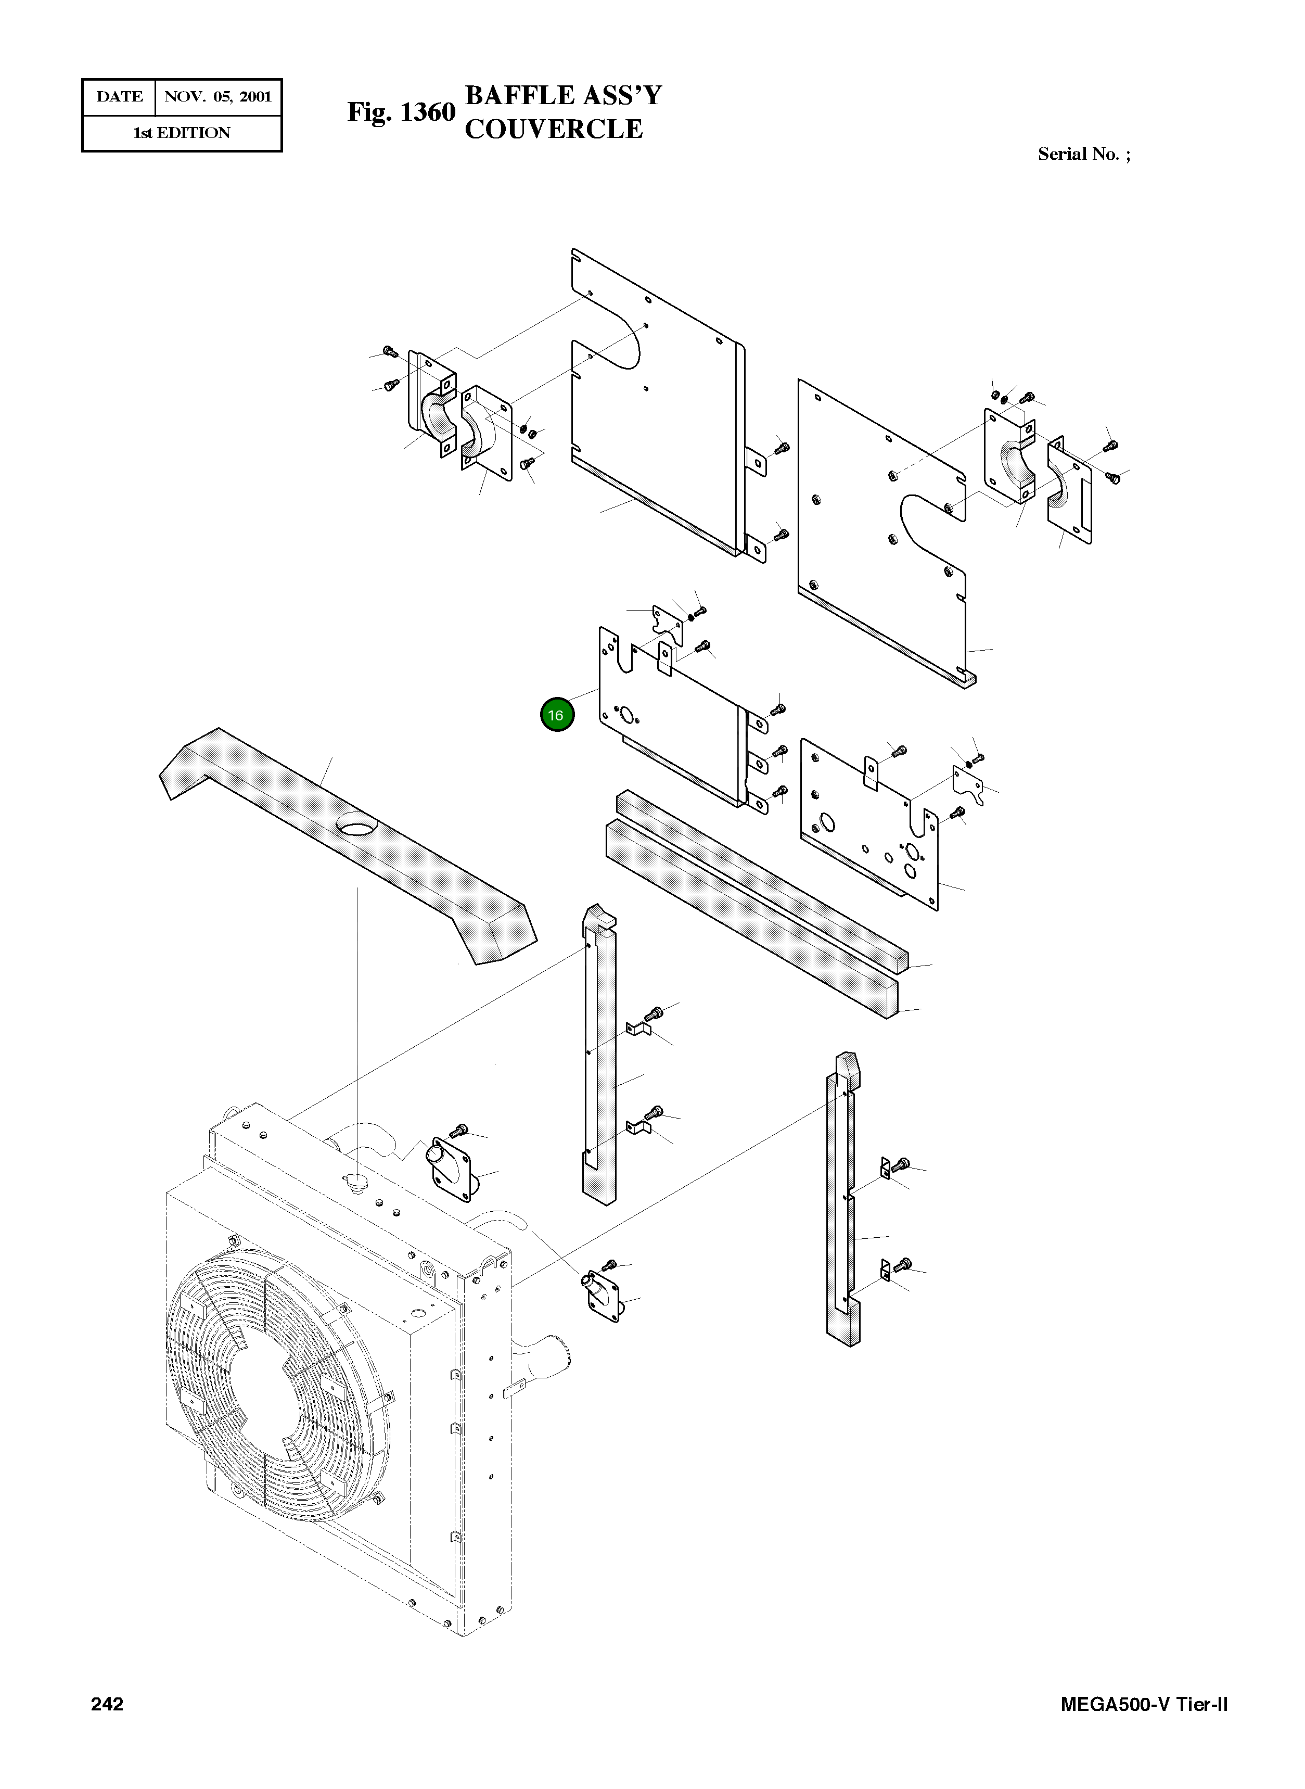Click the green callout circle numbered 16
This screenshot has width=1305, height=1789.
click(556, 715)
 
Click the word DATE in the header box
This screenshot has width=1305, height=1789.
click(119, 97)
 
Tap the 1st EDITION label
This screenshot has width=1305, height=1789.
click(182, 133)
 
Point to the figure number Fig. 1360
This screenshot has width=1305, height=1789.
click(401, 112)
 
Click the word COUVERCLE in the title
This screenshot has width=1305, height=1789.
click(553, 129)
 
